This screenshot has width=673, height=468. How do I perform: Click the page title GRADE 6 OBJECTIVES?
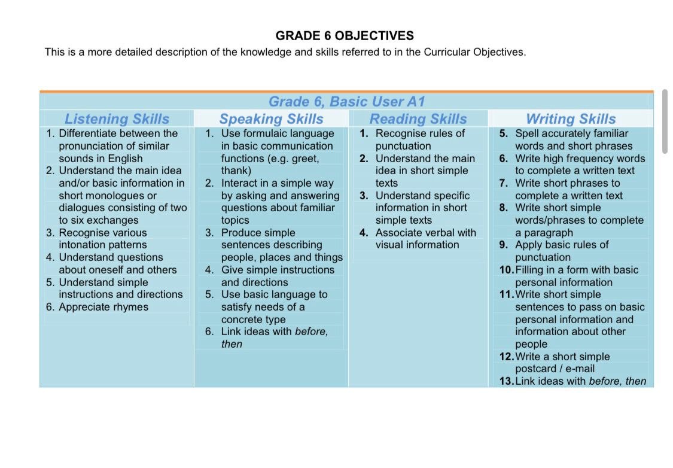point(345,35)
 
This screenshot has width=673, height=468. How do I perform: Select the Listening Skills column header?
point(117,119)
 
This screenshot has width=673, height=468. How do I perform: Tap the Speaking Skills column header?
point(271,119)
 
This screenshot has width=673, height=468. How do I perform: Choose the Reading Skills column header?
point(418,119)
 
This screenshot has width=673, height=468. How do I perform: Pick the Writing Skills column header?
point(570,119)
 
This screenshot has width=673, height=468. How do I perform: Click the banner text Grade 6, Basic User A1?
point(347,102)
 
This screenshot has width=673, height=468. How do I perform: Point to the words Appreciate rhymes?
point(103,307)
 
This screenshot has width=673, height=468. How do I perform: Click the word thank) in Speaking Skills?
point(236,171)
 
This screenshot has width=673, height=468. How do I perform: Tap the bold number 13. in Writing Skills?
point(506,381)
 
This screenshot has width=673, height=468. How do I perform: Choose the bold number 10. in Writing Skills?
point(506,270)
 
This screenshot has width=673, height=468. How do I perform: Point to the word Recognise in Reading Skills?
point(400,133)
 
